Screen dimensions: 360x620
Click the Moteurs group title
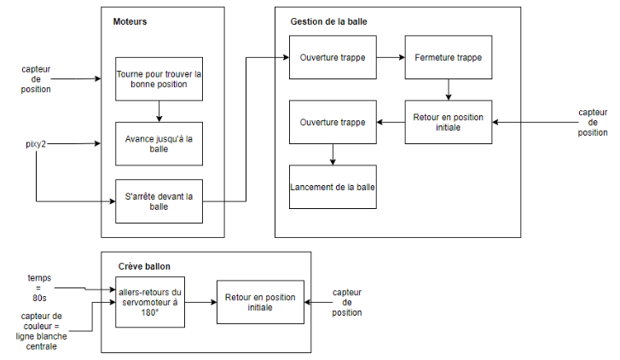click(130, 21)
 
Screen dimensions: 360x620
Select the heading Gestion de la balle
click(328, 21)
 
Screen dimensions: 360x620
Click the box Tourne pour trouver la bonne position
click(159, 79)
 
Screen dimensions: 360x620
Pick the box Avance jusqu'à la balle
click(159, 142)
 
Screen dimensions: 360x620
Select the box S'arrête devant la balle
click(159, 201)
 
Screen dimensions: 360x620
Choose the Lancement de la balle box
click(333, 186)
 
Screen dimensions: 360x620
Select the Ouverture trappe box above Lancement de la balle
click(333, 122)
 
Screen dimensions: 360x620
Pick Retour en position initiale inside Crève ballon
click(260, 302)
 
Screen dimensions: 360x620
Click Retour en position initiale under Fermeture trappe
click(448, 122)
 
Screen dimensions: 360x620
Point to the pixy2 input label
click(36, 144)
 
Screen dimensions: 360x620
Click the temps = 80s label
click(38, 288)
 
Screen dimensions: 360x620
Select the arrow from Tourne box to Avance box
click(159, 112)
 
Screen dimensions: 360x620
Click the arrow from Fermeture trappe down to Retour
click(448, 90)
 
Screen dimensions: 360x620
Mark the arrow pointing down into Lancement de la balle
click(333, 154)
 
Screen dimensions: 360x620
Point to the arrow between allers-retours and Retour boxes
click(200, 303)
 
